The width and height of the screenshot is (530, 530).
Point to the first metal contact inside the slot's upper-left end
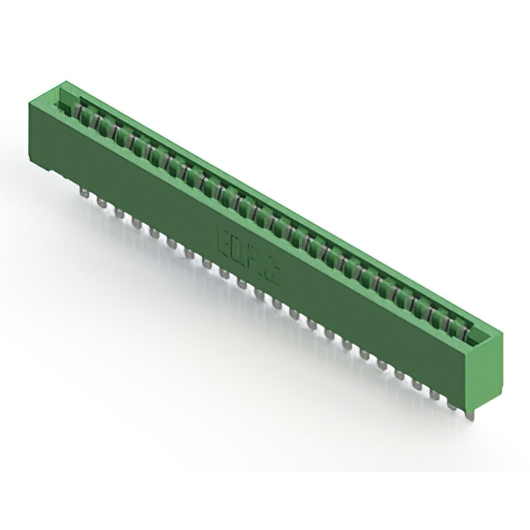click(83, 110)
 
